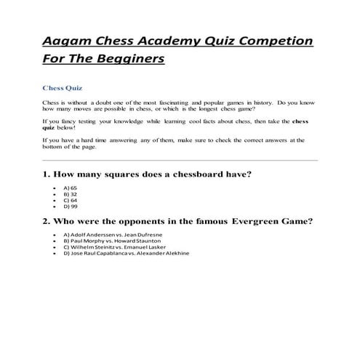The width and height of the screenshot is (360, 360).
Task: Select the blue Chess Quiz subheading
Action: tap(61, 87)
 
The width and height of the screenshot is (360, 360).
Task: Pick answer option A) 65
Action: tap(70, 188)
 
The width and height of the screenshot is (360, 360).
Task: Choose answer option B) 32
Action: tap(70, 194)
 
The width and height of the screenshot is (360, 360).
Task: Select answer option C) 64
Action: tap(70, 201)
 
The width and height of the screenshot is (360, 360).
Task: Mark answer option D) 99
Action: tap(70, 207)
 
